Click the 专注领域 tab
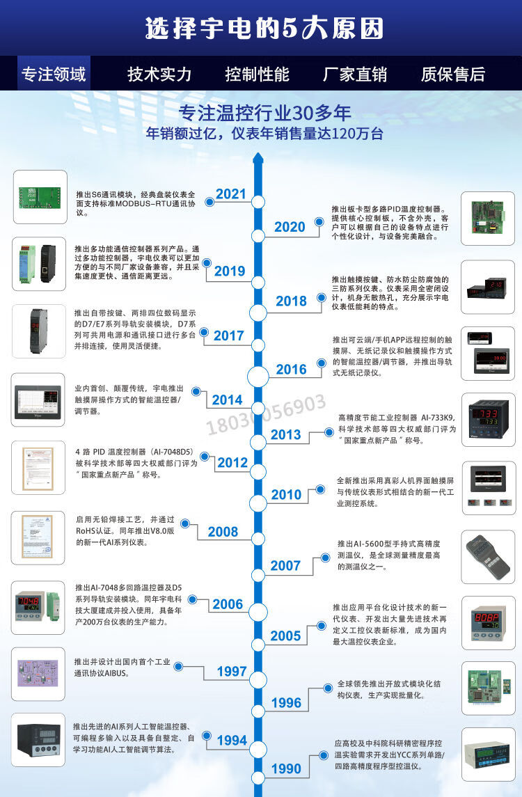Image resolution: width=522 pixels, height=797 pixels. coord(54,74)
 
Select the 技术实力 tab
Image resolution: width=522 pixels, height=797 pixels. coord(159,74)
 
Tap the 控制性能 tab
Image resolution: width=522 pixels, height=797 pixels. coord(258,74)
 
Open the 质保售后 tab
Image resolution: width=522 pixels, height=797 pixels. coord(453,74)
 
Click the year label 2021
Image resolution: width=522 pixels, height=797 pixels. coord(231,194)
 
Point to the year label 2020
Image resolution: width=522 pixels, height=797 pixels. coord(290,227)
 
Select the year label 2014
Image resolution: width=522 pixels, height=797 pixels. coord(227,400)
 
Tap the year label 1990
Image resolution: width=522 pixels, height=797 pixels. coord(285,768)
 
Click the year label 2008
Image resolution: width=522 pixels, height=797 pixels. coord(223,532)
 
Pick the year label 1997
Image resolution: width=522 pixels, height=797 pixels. coord(232,671)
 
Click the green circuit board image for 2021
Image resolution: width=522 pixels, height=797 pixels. coord(40,197)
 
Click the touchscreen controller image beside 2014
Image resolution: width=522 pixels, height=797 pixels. coord(40,400)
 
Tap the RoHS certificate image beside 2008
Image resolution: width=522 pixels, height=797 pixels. coord(38,537)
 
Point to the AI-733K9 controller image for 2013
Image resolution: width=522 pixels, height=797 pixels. coord(488,420)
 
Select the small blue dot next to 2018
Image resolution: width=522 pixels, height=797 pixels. coord(320,297)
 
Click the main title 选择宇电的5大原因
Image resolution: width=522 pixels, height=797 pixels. coord(264,29)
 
